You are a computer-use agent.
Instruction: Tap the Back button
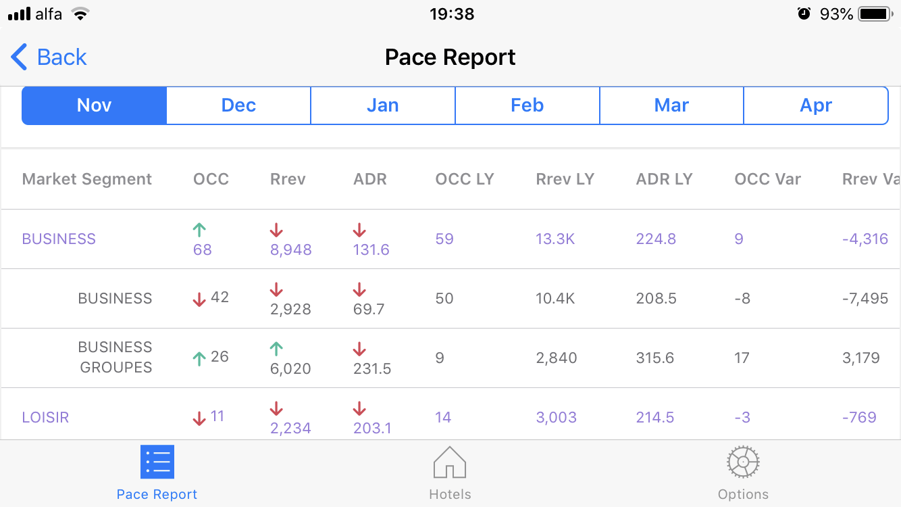49,57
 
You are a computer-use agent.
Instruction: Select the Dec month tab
238,105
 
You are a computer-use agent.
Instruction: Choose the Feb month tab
527,105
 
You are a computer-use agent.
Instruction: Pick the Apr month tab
815,105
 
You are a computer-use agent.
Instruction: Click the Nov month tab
94,105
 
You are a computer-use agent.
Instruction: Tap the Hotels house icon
450,462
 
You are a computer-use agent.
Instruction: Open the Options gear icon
743,462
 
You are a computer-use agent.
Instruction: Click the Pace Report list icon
157,462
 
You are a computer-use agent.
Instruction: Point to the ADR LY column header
664,179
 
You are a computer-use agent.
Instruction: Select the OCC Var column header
767,179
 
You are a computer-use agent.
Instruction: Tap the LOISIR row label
45,417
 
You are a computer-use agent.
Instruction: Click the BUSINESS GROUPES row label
115,357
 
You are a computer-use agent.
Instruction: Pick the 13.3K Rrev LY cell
555,239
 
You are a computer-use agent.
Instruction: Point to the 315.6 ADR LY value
654,358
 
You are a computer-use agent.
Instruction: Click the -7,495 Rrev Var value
865,298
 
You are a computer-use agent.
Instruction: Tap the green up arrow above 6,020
276,349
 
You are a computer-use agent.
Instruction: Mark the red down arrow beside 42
199,299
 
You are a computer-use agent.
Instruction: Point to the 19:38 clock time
452,14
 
